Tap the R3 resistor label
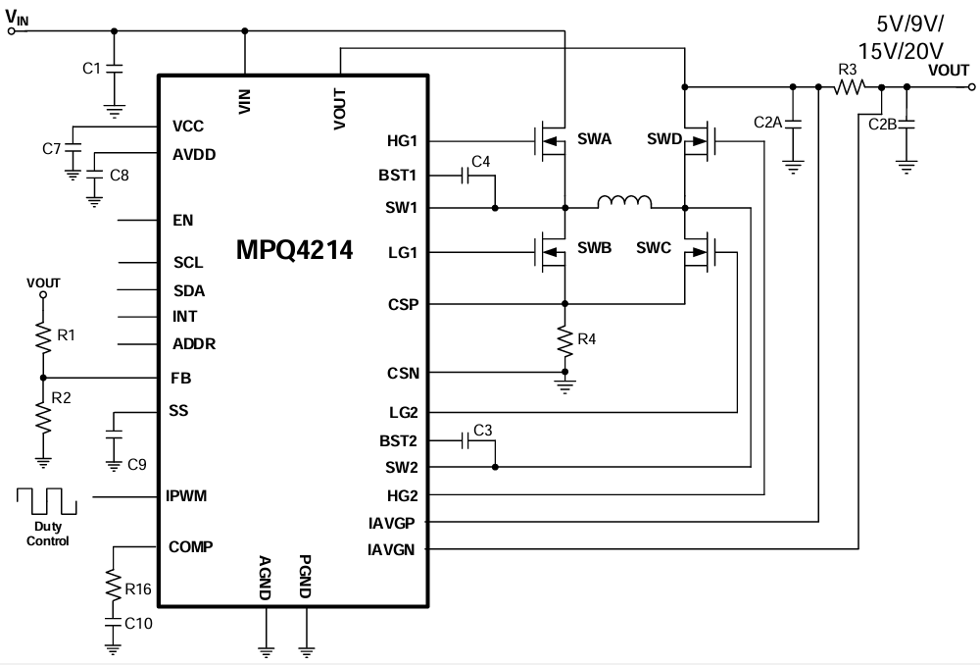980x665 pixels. [x=848, y=70]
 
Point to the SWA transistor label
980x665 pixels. [x=595, y=139]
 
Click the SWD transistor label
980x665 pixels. [x=663, y=139]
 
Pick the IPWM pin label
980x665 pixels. [x=187, y=495]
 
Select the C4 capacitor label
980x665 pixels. [x=480, y=160]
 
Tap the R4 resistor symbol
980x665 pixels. [x=564, y=340]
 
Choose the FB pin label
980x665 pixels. [x=179, y=378]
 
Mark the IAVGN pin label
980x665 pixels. [x=393, y=549]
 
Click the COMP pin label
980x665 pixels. [x=191, y=546]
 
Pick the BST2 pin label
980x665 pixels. [x=398, y=441]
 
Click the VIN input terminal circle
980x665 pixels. [x=12, y=30]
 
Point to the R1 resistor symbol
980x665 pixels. [x=42, y=336]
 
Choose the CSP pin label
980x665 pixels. [x=403, y=304]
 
